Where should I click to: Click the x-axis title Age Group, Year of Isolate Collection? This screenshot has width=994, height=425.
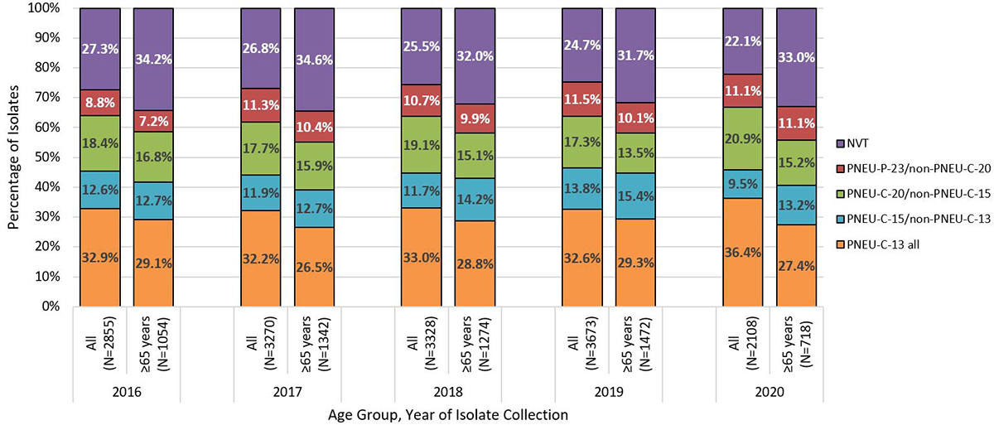447,413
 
